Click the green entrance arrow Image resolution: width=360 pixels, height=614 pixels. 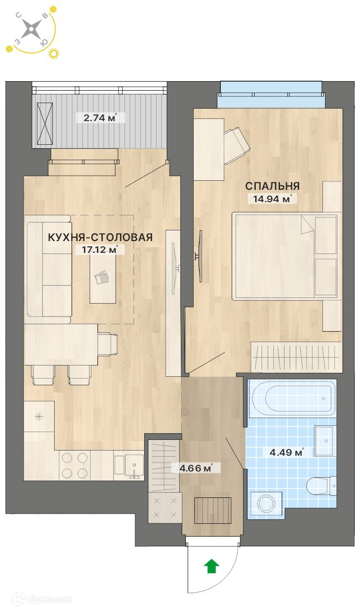(x=212, y=566)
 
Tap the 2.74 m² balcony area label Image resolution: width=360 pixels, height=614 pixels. (x=100, y=118)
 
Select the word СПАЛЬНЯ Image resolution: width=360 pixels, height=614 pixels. (x=273, y=185)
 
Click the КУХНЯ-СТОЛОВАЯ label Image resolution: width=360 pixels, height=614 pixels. (x=100, y=237)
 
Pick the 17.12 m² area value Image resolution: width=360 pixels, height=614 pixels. (x=100, y=250)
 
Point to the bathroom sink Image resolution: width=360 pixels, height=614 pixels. (x=325, y=441)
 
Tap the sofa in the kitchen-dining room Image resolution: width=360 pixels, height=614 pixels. (x=49, y=269)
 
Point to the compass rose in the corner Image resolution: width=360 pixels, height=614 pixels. (x=30, y=30)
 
